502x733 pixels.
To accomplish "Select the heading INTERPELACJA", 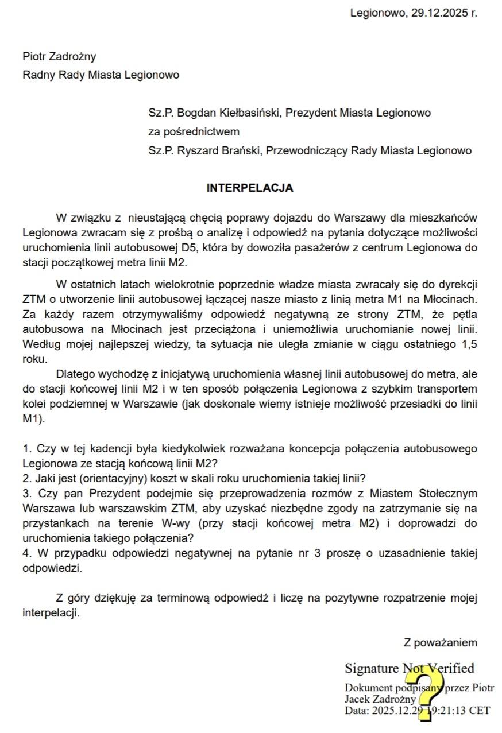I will pos(250,188).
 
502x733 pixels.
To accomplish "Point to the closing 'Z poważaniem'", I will pos(441,643).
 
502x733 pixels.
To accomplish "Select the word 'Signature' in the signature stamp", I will pos(372,669).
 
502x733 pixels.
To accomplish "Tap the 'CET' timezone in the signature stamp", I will pos(480,711).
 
